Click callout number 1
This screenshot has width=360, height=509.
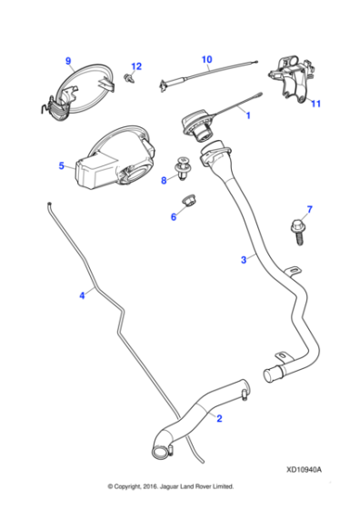coord(248,115)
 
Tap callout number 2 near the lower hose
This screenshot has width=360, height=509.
coord(218,417)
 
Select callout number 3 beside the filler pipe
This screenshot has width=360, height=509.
coord(242,260)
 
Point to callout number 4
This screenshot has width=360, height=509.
coord(82,294)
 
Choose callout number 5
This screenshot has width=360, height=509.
coord(61,166)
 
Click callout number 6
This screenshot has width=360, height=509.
coord(174,216)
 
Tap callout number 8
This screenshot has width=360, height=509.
coord(164,180)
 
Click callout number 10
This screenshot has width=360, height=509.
coord(206,60)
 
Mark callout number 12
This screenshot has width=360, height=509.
coord(137,66)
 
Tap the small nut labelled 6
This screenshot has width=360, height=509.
coord(189,201)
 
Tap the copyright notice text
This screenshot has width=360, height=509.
coord(171,486)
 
